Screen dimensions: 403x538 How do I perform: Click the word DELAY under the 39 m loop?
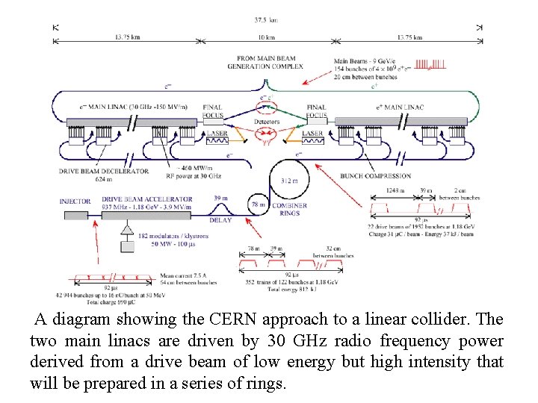pyautogui.click(x=221, y=221)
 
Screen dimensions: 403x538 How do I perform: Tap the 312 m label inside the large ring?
pyautogui.click(x=287, y=181)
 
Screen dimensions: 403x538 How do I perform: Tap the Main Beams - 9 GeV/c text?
pyautogui.click(x=368, y=60)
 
